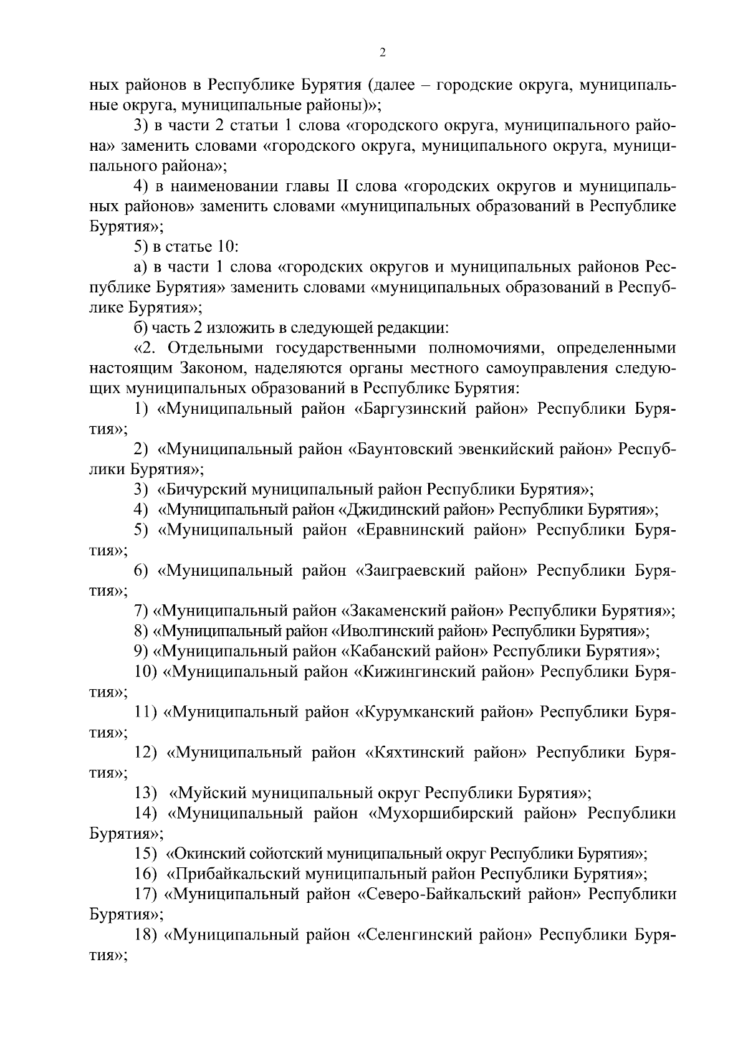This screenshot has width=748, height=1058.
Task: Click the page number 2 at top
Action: pyautogui.click(x=383, y=54)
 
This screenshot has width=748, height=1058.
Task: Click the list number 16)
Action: pyautogui.click(x=146, y=874)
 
